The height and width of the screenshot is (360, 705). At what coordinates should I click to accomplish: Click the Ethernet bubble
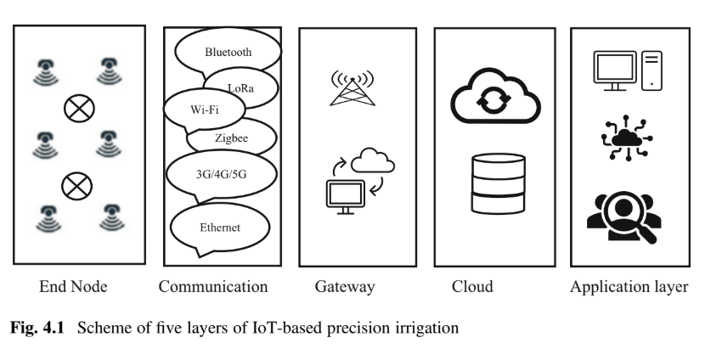point(220,227)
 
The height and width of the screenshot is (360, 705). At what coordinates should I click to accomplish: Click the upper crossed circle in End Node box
point(79,108)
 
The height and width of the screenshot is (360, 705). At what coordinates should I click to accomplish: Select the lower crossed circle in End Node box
point(79,183)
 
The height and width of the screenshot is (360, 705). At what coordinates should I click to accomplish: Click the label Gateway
point(344,287)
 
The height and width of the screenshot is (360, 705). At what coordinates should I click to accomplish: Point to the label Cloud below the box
point(472,287)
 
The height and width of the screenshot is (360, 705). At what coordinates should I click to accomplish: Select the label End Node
point(71,287)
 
